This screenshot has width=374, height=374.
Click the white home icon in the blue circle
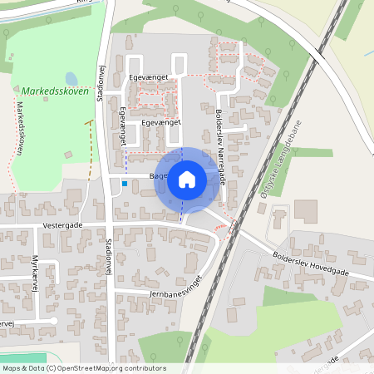pyautogui.click(x=186, y=179)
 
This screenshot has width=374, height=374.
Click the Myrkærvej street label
pyautogui.click(x=36, y=273)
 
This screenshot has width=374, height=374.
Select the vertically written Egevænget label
pyautogui.click(x=124, y=122)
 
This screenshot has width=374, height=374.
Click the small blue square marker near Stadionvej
pyautogui.click(x=125, y=183)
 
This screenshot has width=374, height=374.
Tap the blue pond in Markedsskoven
pyautogui.click(x=71, y=79)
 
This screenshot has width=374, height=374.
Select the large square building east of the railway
pyautogui.click(x=305, y=211)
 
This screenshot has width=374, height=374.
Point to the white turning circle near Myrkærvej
pyautogui.click(x=53, y=320)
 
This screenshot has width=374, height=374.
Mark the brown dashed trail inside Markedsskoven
pyautogui.click(x=90, y=150)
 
